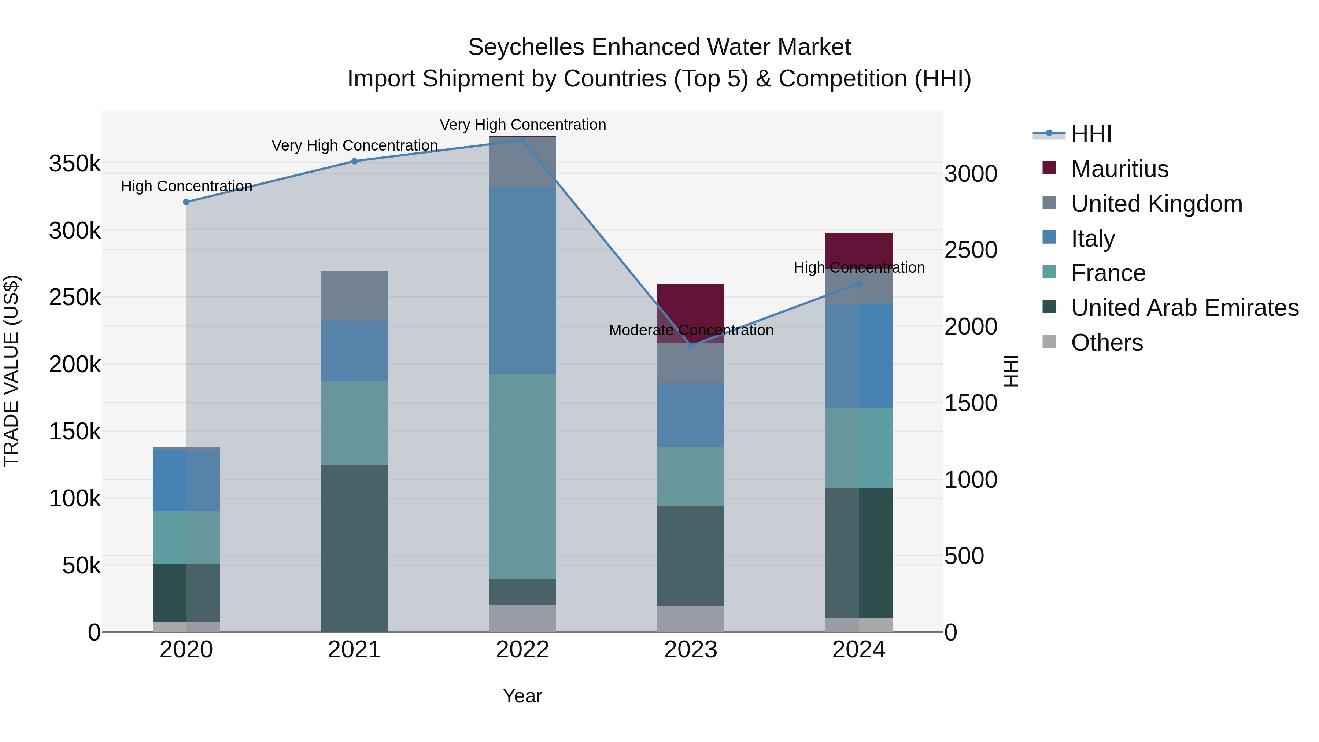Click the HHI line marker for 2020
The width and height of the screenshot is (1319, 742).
(x=186, y=202)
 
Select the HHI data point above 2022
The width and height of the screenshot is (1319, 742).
(x=523, y=140)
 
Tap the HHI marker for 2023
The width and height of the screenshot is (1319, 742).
(x=691, y=346)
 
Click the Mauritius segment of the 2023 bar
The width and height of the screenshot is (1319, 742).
(x=691, y=307)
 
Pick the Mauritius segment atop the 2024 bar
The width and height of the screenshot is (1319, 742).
(x=859, y=250)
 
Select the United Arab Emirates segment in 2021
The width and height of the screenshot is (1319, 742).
(x=354, y=548)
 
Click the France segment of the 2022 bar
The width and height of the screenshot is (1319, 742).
(x=523, y=476)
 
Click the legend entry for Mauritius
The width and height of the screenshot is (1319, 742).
(x=1119, y=169)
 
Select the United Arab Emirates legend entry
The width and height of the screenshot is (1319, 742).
(x=1184, y=308)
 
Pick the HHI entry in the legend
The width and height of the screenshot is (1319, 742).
(x=1091, y=134)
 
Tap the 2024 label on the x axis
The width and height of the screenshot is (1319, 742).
(x=859, y=650)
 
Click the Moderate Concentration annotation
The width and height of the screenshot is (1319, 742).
(x=691, y=330)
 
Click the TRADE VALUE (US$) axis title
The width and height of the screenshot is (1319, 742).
(x=11, y=371)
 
